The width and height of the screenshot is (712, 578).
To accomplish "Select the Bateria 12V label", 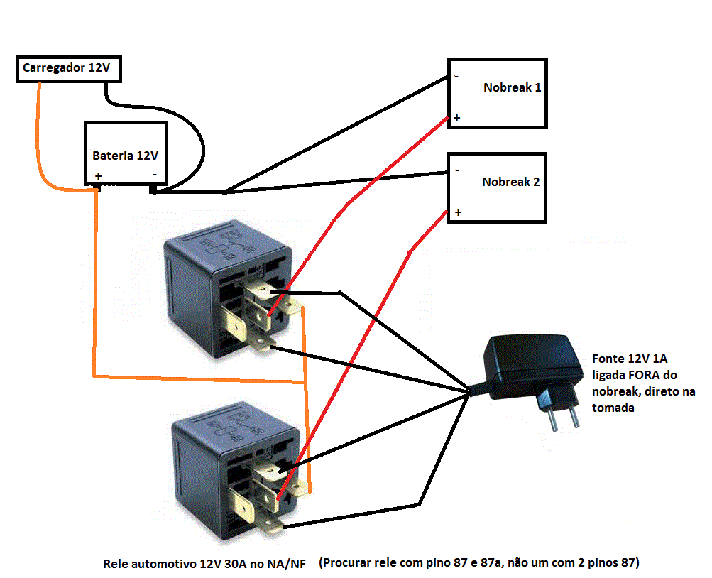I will point(125,155).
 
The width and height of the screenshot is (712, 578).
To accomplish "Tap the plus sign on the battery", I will point(98,175).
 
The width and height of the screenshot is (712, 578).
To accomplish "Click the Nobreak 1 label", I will point(512,88).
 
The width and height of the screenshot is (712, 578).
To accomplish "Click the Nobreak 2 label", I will point(510,182).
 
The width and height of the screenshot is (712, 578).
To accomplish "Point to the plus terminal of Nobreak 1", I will point(456,118).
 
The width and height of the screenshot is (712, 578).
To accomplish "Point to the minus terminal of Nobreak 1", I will point(456,76).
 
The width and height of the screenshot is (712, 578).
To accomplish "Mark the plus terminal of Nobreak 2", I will point(458,212).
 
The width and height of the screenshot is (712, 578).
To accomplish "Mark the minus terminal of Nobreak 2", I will point(456,170).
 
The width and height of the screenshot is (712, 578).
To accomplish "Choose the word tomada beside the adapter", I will point(613,408).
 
